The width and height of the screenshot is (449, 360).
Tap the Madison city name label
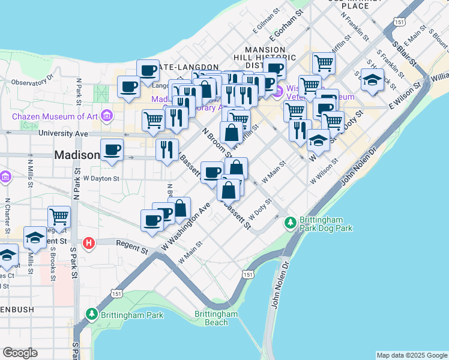77,155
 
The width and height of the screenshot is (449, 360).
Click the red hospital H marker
89,243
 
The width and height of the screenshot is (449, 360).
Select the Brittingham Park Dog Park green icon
291,223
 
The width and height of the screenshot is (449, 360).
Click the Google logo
20,353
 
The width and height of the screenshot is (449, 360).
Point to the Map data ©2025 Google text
412,355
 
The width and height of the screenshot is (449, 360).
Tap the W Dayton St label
101,178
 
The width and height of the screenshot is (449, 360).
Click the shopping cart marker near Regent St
59,216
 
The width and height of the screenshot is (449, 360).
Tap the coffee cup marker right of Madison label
112,149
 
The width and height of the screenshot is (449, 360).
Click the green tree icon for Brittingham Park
91,314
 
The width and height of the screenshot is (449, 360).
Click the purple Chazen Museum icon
106,115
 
